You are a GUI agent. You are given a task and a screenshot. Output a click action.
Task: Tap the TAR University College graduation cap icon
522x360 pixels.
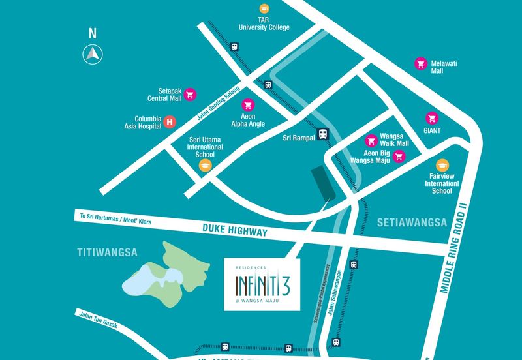[264, 8]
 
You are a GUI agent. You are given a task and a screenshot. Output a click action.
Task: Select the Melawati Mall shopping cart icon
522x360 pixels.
[421, 63]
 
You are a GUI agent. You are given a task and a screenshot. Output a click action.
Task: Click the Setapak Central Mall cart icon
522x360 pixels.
[190, 94]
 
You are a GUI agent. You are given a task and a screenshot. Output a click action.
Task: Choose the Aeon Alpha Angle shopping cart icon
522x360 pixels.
[248, 104]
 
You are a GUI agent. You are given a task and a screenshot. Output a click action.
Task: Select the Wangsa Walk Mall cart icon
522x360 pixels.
[371, 140]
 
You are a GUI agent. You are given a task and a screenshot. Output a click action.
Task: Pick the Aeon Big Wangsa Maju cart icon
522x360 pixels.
[398, 156]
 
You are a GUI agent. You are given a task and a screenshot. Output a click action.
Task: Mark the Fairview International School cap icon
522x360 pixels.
[442, 165]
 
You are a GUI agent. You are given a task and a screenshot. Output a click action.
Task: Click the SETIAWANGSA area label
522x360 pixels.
[411, 222]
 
